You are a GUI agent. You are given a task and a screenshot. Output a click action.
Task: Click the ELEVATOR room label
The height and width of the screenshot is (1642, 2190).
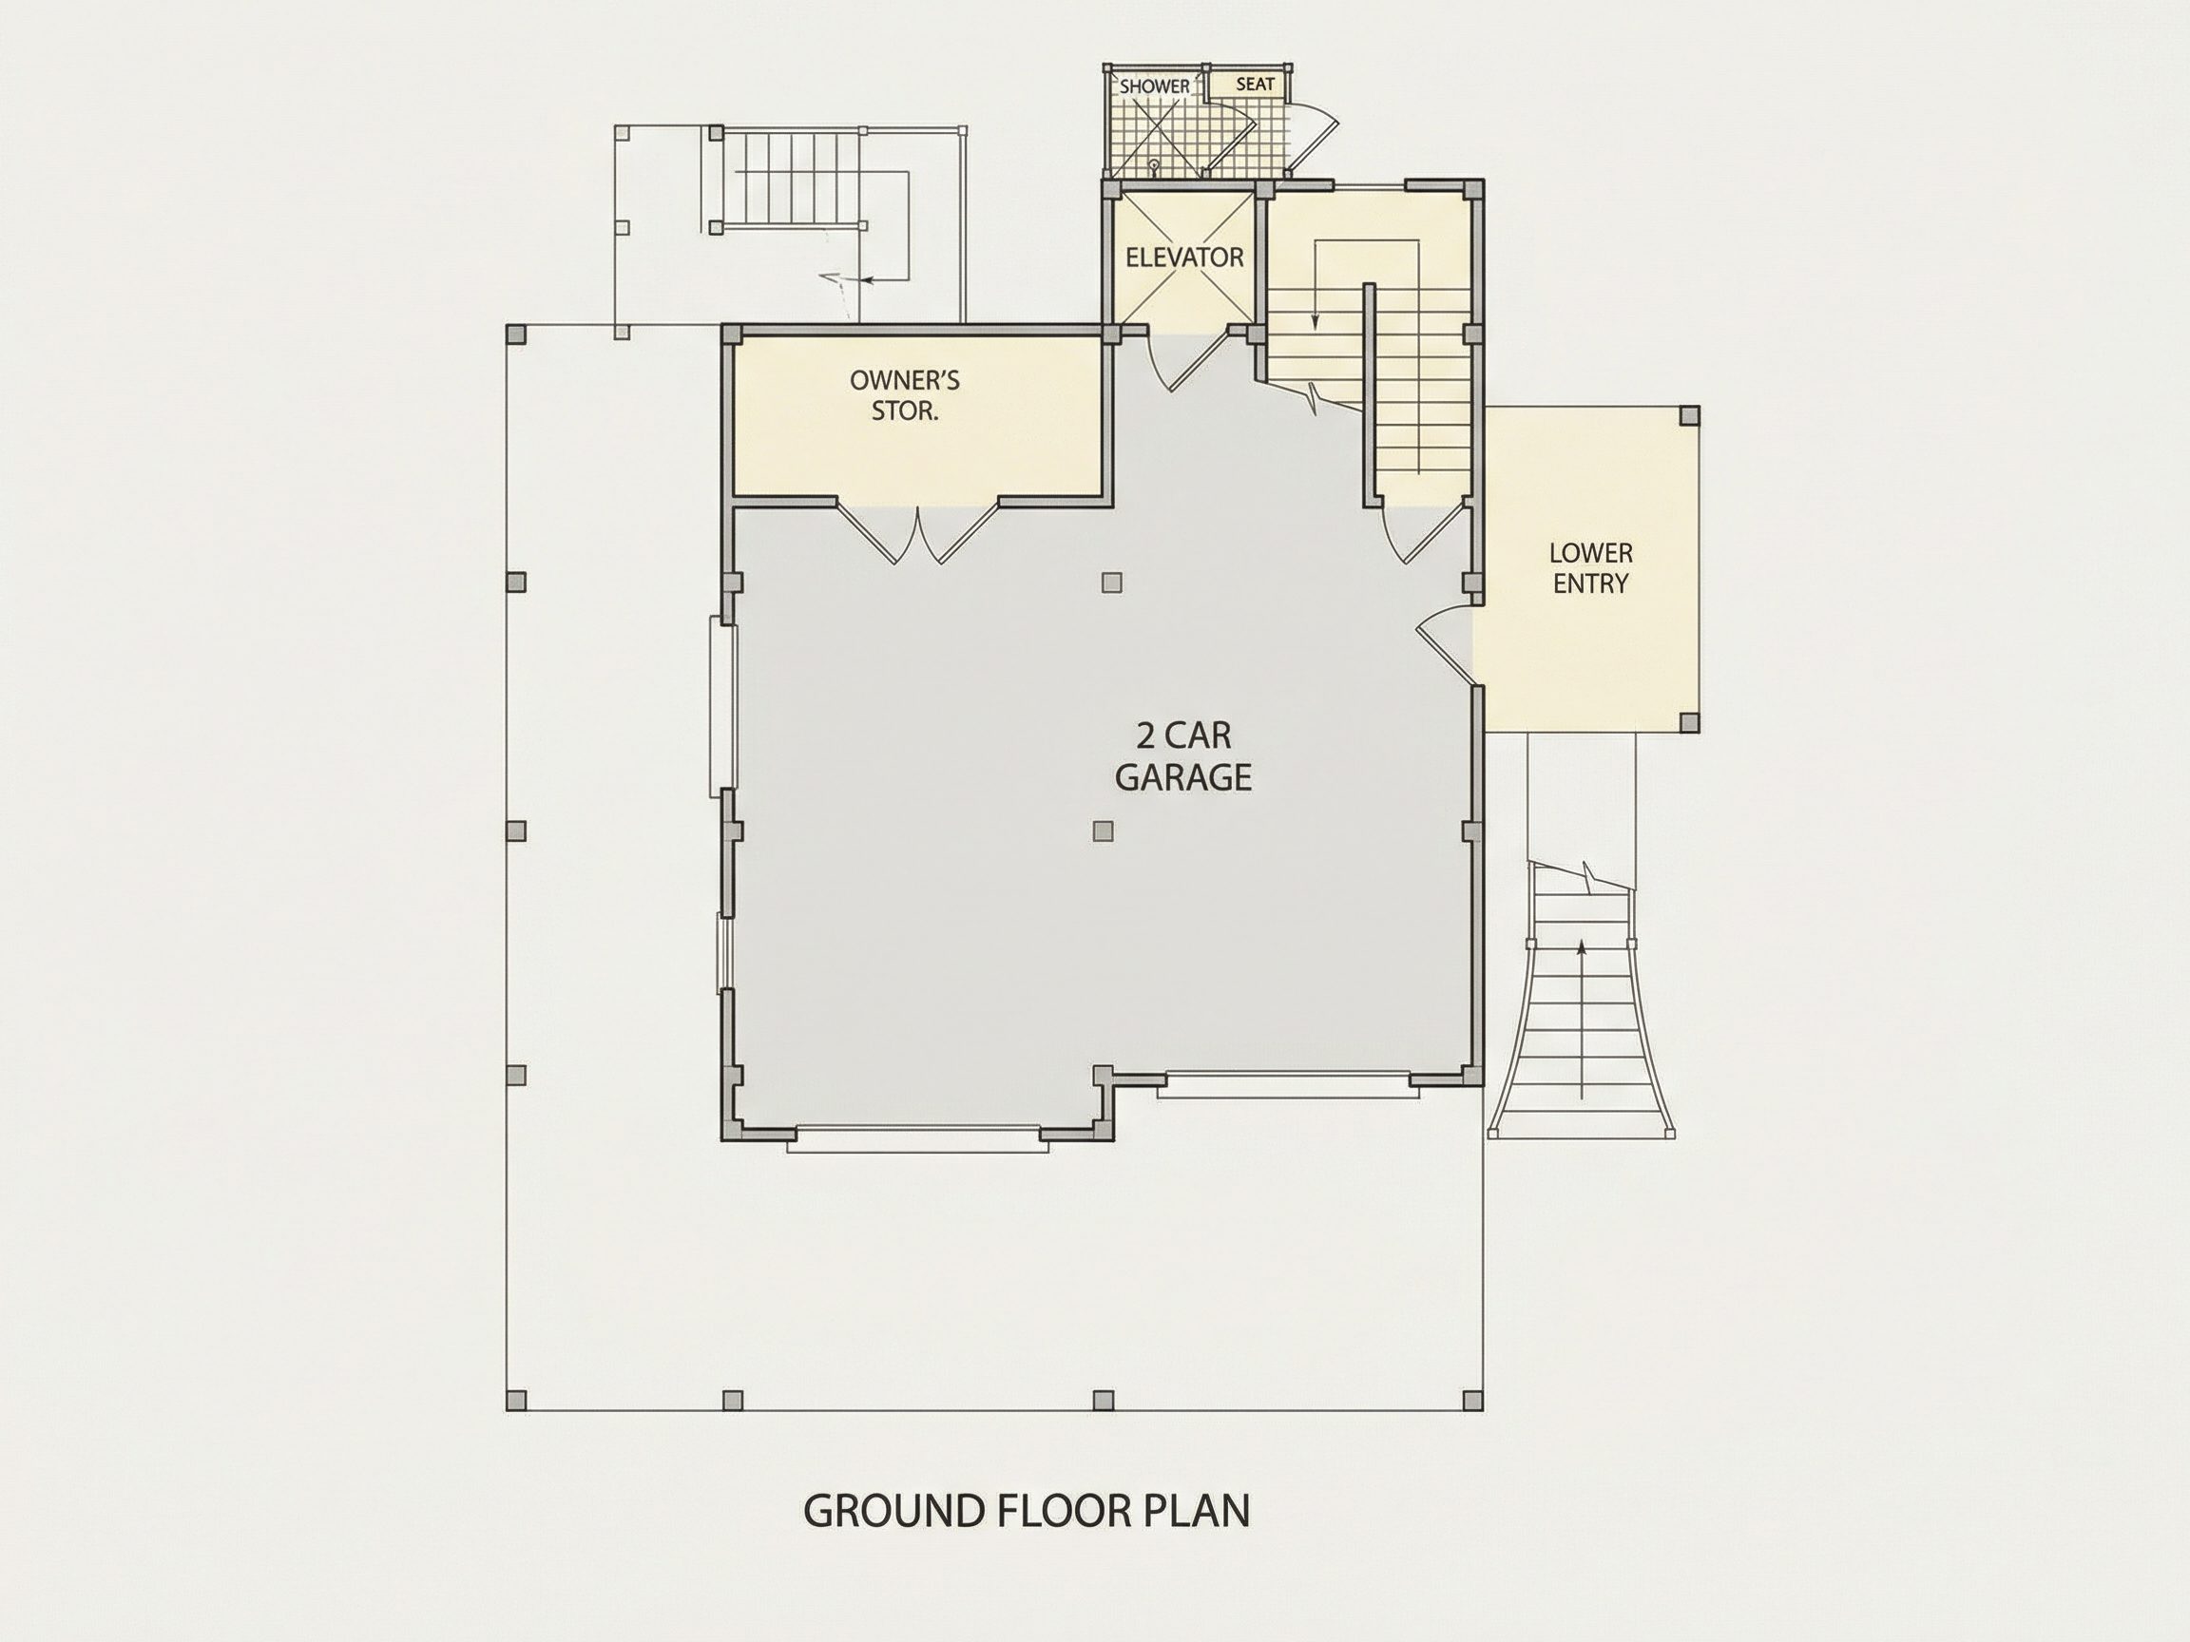[x=1184, y=258]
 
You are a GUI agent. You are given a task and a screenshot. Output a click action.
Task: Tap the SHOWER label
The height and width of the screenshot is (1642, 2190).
[x=1154, y=86]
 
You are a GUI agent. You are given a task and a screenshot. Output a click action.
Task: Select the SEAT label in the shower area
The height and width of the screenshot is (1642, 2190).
[x=1256, y=85]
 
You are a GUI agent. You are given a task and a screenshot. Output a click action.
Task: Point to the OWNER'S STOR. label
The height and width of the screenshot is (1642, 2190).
[x=905, y=395]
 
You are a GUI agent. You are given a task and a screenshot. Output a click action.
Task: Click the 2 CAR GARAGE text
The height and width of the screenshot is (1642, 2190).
[x=1183, y=757]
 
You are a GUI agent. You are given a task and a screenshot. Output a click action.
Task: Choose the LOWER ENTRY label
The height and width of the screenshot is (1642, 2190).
[x=1591, y=568]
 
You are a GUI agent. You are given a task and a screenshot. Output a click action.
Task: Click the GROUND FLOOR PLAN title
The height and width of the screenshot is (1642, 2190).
[x=1027, y=1510]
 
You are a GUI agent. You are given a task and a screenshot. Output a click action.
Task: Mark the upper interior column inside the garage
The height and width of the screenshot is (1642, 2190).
[x=1112, y=582]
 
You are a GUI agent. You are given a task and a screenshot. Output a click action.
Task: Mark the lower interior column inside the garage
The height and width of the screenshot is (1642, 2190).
[x=1103, y=831]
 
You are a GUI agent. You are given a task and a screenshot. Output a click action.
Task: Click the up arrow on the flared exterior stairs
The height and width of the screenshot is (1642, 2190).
[x=1581, y=1020]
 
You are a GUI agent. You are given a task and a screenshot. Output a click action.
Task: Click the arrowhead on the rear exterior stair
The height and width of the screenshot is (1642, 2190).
[x=866, y=280]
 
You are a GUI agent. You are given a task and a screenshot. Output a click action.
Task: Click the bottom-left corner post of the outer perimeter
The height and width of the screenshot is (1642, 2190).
[x=516, y=1401]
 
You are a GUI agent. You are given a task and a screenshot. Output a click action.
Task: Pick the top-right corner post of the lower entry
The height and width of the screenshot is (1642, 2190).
[x=1689, y=415]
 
